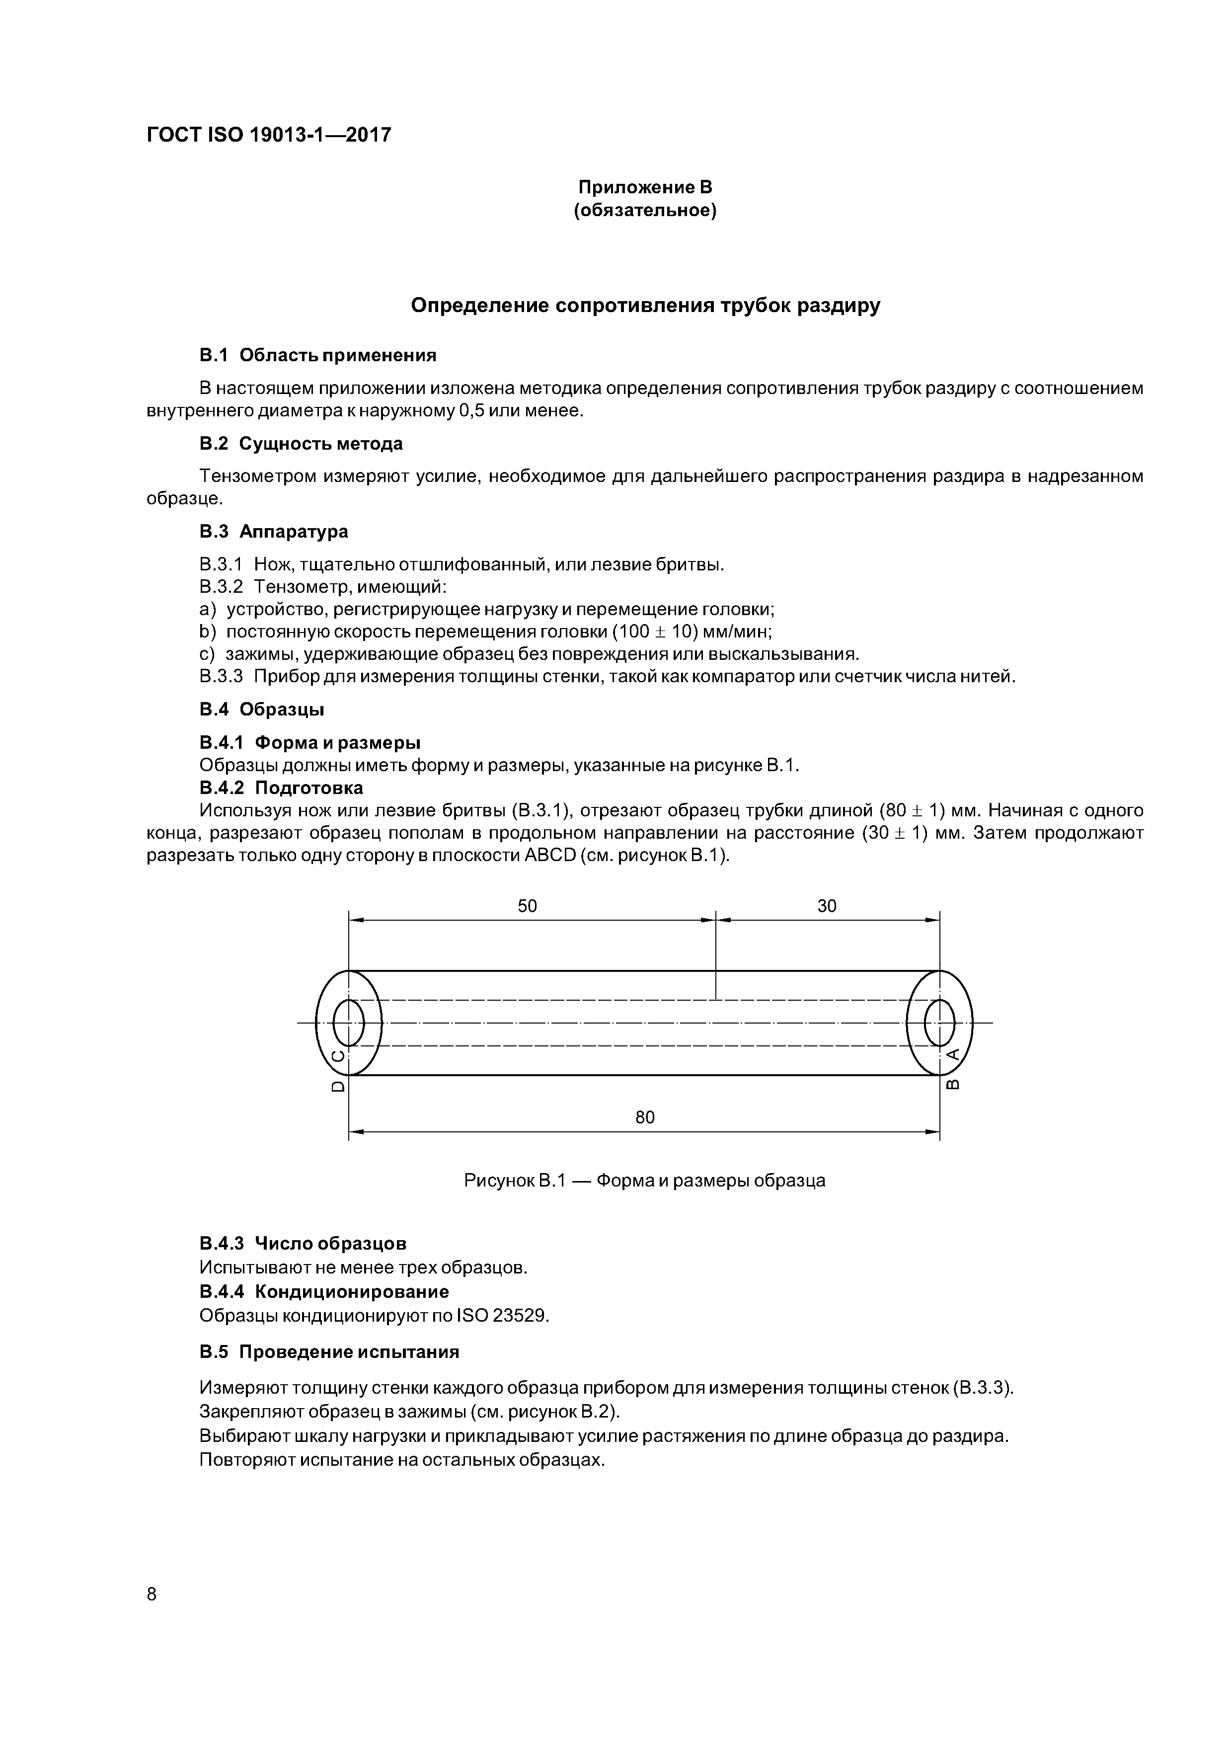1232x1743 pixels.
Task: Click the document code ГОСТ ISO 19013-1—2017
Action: coord(269,135)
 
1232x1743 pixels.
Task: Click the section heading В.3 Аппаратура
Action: coord(273,532)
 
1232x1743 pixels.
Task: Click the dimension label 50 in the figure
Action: coord(527,906)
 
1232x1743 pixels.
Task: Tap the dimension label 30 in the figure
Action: coord(827,906)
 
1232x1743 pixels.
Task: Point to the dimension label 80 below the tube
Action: coord(644,1117)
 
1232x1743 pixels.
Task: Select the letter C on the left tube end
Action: coord(339,1055)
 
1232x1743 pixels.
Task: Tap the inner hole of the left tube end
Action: coord(348,1023)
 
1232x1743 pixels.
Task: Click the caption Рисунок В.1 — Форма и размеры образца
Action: coord(644,1181)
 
